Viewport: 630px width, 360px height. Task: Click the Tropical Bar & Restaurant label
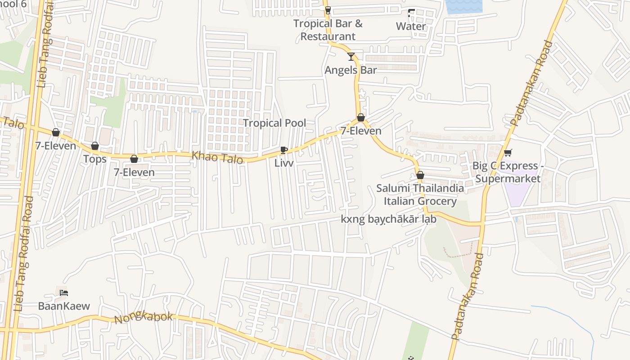tap(328, 30)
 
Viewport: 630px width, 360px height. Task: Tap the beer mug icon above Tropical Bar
tap(327, 10)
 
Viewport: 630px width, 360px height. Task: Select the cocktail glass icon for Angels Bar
tap(351, 57)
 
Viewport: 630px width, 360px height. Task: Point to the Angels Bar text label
tap(351, 70)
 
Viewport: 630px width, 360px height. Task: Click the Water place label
tap(410, 26)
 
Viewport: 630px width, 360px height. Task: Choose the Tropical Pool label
tap(274, 123)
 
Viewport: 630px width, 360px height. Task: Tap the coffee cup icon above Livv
tap(283, 150)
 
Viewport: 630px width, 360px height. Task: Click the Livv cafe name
tap(284, 163)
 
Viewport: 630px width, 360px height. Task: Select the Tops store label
tap(95, 159)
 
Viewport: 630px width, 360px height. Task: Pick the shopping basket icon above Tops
tap(95, 146)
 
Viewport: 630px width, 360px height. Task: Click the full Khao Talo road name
tap(217, 157)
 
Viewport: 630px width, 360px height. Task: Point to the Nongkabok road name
tap(144, 318)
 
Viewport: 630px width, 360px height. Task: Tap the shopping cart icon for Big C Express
tap(508, 153)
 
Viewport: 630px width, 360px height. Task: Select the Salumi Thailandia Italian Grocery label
tap(420, 194)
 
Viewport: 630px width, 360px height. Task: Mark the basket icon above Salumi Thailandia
tap(420, 175)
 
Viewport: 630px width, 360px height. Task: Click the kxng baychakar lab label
tap(389, 220)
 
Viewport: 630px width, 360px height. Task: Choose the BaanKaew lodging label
tap(64, 306)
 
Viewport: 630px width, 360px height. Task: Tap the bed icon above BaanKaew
tap(64, 293)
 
